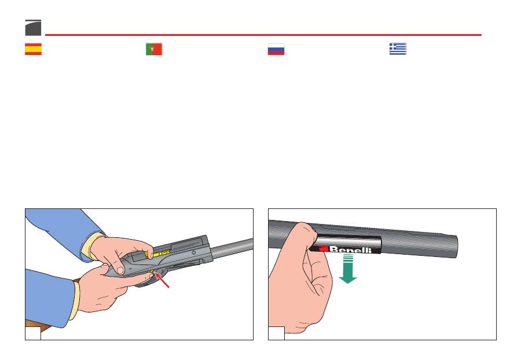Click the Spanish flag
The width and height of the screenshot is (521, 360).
click(x=33, y=49)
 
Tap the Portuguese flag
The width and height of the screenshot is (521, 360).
click(x=154, y=49)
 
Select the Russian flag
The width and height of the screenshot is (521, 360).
click(x=276, y=49)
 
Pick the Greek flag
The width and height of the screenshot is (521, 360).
click(x=398, y=49)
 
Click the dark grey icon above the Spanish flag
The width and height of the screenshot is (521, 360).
click(x=33, y=28)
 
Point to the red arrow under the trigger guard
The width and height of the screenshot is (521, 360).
click(x=162, y=280)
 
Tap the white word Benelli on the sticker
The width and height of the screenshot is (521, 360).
click(x=350, y=249)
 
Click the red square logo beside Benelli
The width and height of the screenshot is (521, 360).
click(x=324, y=248)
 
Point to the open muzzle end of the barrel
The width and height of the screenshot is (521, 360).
click(x=454, y=247)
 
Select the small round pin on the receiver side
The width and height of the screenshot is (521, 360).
click(x=194, y=253)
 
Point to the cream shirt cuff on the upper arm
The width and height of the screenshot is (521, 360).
click(x=93, y=246)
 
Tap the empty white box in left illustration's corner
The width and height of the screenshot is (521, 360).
click(x=33, y=333)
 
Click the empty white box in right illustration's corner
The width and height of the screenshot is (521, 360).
click(x=277, y=333)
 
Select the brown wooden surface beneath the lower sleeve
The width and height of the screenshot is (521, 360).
click(x=37, y=326)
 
